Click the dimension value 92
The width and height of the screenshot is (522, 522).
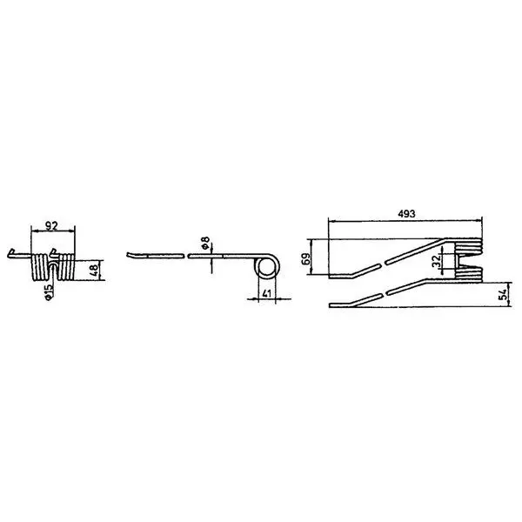[51, 226]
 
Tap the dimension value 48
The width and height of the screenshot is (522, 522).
[94, 270]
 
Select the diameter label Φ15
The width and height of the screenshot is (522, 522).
[49, 292]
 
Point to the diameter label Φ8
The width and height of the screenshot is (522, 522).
[205, 243]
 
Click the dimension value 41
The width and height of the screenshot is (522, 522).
[267, 294]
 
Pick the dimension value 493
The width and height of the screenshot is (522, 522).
[406, 214]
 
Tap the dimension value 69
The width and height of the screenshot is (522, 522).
[305, 258]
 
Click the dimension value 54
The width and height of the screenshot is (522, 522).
[504, 295]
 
